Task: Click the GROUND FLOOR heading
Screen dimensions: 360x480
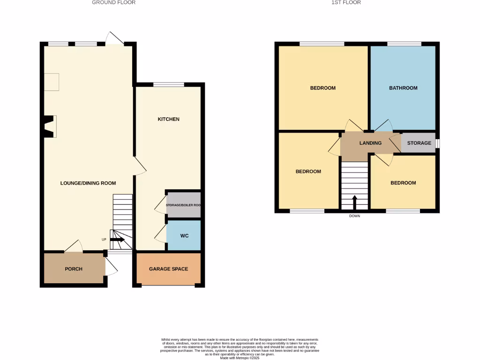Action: pos(113,2)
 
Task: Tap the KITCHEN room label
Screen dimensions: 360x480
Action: pos(168,119)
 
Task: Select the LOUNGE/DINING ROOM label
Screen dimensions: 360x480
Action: pos(88,183)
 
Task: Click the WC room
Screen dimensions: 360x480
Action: pos(184,236)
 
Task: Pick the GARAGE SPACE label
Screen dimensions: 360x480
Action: pos(168,269)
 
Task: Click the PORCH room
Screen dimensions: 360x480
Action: pos(74,269)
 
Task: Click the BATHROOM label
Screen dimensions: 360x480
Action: pos(403,88)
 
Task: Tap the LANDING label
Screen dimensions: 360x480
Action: pos(370,143)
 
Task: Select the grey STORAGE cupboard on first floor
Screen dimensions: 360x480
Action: pos(419,143)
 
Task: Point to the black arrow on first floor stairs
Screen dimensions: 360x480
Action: pos(354,202)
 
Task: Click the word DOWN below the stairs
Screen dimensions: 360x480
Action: pos(354,216)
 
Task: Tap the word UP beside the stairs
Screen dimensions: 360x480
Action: pos(104,240)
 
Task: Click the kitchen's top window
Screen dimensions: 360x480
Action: pos(168,85)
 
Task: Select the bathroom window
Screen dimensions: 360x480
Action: pos(404,44)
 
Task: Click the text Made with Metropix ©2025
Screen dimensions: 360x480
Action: pos(240,358)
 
